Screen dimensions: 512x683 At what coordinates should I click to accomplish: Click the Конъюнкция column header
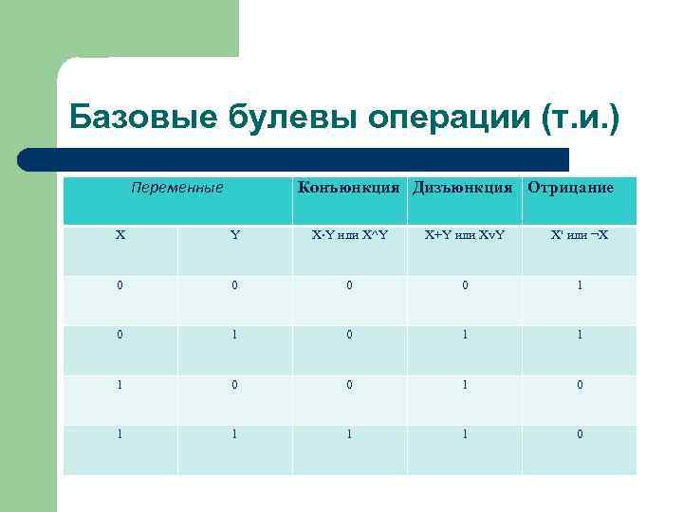point(348,188)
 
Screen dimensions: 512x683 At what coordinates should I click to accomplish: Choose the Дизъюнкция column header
point(464,188)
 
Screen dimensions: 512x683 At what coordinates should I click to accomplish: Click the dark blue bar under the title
point(294,158)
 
